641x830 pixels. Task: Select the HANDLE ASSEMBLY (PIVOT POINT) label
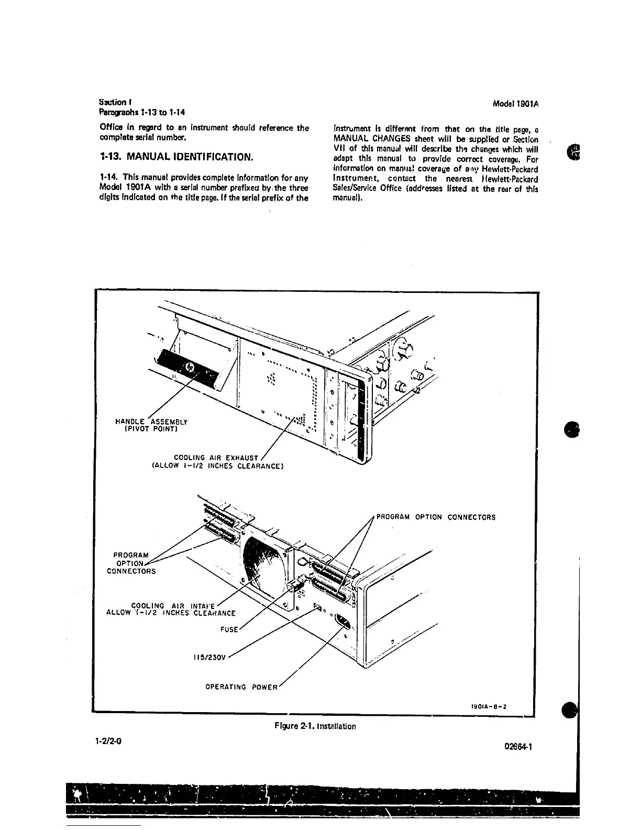point(151,424)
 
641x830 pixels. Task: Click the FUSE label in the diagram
point(228,629)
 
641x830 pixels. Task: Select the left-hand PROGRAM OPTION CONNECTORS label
point(131,563)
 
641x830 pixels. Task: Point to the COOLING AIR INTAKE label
point(171,609)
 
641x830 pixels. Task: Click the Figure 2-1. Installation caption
point(315,726)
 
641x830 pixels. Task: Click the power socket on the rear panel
point(342,623)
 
